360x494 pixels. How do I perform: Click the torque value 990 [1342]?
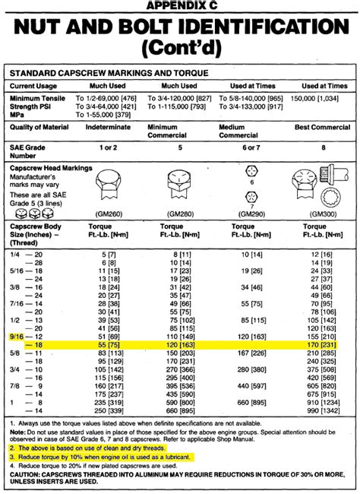click(317, 410)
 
